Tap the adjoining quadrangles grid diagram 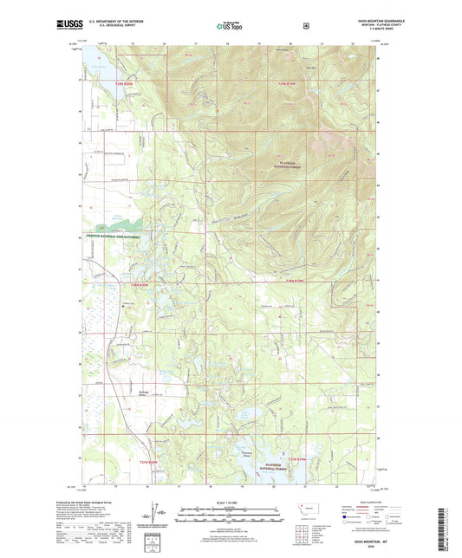click(x=303, y=529)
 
